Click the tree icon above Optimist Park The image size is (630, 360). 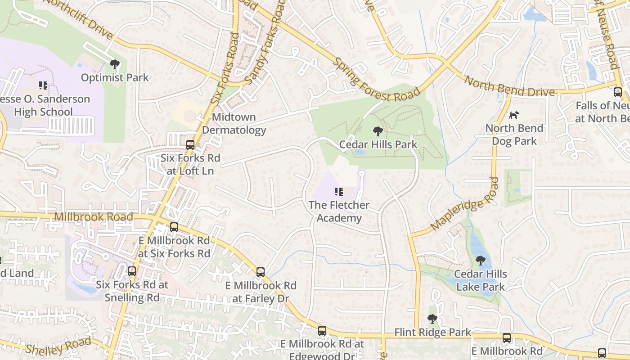(115, 64)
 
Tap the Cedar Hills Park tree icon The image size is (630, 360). (378, 131)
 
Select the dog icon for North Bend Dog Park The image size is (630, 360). (514, 115)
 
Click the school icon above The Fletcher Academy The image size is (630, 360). (339, 192)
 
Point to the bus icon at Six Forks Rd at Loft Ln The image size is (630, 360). (190, 145)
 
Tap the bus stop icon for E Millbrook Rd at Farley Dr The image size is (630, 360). (261, 272)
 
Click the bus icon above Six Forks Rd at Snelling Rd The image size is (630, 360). (131, 271)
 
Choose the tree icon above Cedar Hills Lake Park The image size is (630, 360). (480, 261)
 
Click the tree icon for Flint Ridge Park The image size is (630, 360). (432, 319)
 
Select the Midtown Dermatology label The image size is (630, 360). (234, 124)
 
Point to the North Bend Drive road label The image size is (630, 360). (509, 87)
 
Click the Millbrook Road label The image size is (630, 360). (94, 217)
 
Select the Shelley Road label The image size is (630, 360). (58, 346)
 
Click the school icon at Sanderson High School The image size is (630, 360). (43, 85)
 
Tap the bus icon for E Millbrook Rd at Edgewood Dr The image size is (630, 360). (322, 331)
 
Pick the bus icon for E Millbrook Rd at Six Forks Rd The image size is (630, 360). (174, 227)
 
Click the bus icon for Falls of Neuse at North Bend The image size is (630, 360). (618, 92)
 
